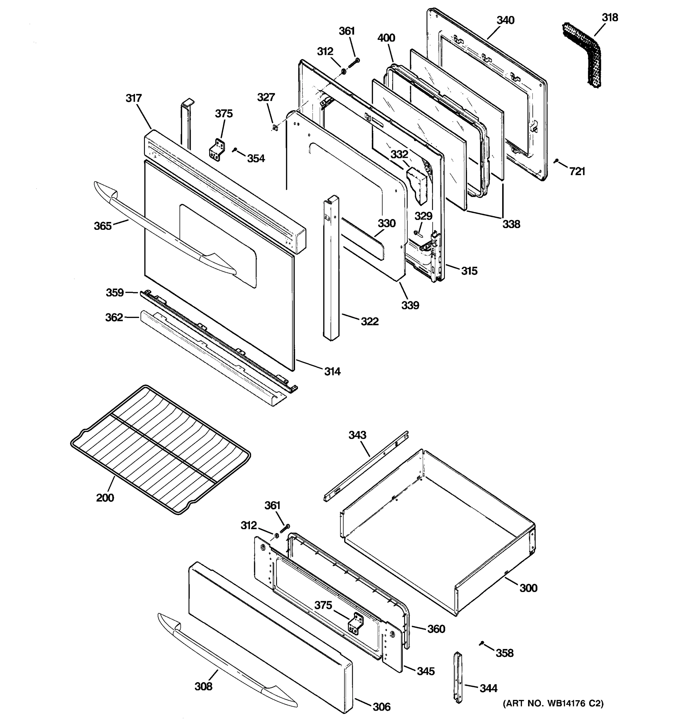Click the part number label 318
610,17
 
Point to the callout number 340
505,20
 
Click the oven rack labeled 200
159,449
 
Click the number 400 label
386,38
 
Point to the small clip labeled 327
275,127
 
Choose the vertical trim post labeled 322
331,268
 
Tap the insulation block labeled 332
416,185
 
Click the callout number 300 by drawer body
528,588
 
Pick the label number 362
114,318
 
